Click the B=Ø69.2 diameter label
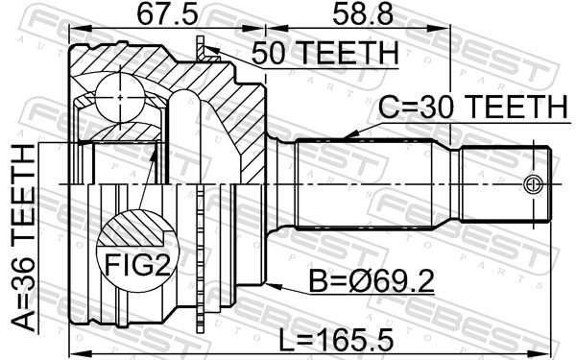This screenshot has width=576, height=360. (x=374, y=283)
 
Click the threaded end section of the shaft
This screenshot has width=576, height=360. (x=504, y=183)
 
